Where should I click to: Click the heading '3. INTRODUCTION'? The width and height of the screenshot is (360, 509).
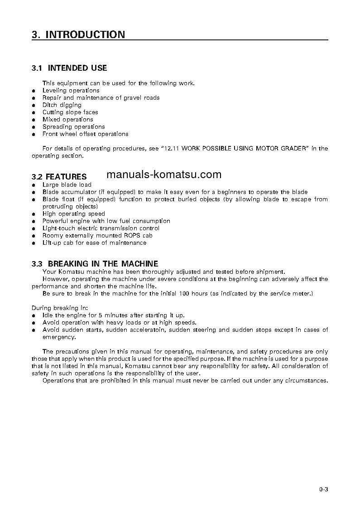(x=78, y=34)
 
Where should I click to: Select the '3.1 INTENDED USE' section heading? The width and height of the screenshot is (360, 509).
(x=69, y=68)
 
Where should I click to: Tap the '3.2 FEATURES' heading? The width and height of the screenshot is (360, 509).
(x=59, y=176)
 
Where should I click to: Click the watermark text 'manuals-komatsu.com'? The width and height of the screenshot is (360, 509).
(x=164, y=175)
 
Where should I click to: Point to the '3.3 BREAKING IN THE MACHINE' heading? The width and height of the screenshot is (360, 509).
(x=95, y=263)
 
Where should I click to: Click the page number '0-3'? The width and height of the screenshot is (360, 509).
(x=323, y=490)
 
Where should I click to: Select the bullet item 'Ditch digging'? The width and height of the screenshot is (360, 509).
(x=62, y=105)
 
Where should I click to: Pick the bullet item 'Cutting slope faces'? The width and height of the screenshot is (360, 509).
(x=70, y=112)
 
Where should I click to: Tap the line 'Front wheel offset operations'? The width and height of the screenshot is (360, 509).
(x=85, y=134)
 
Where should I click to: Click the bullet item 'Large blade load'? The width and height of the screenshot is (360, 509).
(x=67, y=184)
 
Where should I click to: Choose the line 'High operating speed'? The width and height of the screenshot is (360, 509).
(x=73, y=213)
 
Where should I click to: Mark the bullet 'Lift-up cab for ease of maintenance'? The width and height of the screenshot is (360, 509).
(x=94, y=242)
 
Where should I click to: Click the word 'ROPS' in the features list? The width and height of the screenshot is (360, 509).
(x=133, y=235)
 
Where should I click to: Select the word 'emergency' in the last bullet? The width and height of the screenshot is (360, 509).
(x=58, y=337)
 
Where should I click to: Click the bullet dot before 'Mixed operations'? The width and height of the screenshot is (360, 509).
(x=34, y=120)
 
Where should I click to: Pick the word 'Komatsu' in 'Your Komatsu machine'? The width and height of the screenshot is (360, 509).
(x=69, y=271)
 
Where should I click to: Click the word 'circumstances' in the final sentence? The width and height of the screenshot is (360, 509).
(x=305, y=380)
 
